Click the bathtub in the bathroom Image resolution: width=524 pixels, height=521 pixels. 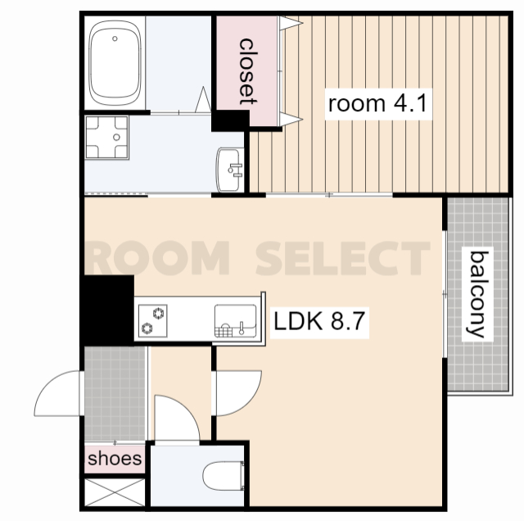click(x=115, y=63)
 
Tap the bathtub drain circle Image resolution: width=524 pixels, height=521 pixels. click(x=115, y=39)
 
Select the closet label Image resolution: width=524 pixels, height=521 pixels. click(x=247, y=71)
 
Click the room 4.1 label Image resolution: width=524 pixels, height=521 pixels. click(x=378, y=104)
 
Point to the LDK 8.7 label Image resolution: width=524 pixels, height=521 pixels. click(x=319, y=321)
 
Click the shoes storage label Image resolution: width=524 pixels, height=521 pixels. click(x=115, y=459)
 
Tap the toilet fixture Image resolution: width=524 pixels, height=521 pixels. click(x=224, y=476)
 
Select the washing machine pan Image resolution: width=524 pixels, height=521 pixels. click(x=107, y=137)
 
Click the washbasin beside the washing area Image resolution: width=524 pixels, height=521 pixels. click(x=230, y=170)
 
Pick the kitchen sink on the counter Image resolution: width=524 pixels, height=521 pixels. click(x=235, y=321)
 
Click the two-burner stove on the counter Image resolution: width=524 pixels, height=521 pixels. click(x=153, y=320)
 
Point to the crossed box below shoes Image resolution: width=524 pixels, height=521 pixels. click(x=115, y=492)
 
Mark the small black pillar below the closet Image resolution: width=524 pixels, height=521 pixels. click(x=231, y=120)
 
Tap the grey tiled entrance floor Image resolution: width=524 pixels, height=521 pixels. click(x=115, y=393)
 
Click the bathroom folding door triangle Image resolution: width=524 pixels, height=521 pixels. click(x=203, y=100)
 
